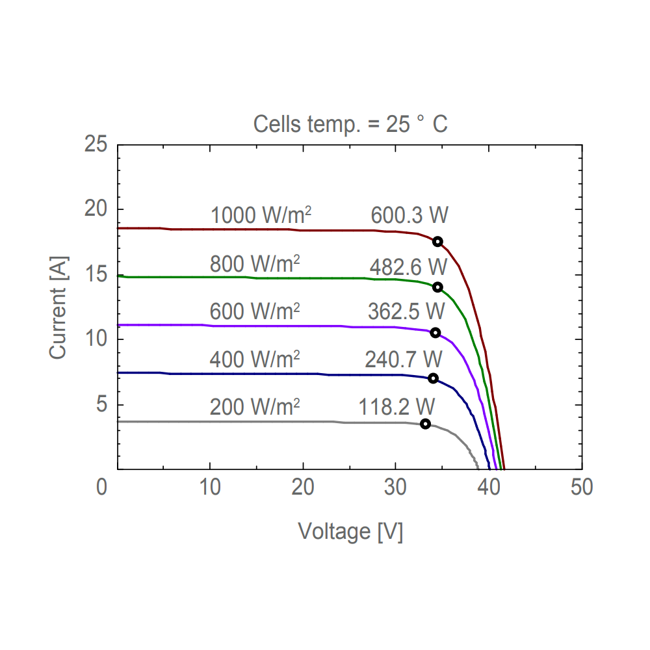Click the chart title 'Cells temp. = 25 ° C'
tap(350, 123)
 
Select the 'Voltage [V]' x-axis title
tap(350, 531)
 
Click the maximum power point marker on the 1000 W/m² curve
tap(437, 242)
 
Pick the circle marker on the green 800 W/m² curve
tap(437, 287)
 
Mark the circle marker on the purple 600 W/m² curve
tap(435, 333)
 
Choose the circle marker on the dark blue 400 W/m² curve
tap(433, 378)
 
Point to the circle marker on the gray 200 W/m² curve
tap(425, 424)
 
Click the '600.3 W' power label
tap(409, 215)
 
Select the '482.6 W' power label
tap(408, 267)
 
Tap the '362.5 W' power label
tap(406, 311)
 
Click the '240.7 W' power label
tap(403, 359)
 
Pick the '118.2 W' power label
tap(396, 407)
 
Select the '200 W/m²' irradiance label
tap(254, 407)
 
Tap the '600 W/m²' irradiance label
tap(254, 311)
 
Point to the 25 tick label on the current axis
tap(96, 144)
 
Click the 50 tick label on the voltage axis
tap(582, 487)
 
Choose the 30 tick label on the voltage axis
tap(396, 487)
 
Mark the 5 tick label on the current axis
tap(101, 404)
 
